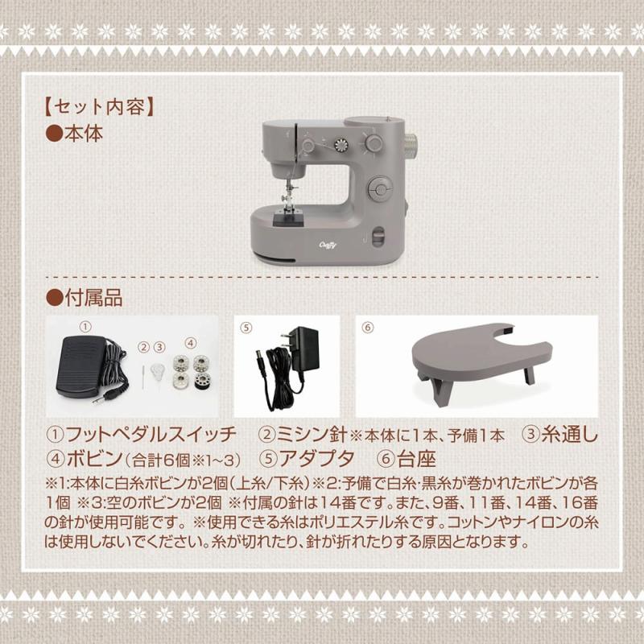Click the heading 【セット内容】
[x=99, y=108]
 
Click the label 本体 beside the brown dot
[x=84, y=134]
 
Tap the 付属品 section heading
[x=93, y=297]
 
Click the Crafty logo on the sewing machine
[x=328, y=246]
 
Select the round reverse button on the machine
[x=381, y=190]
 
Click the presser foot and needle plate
[x=290, y=216]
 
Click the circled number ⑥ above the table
[x=368, y=328]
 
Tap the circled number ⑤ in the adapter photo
[x=246, y=328]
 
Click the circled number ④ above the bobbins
[x=190, y=343]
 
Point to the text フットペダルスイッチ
[x=151, y=435]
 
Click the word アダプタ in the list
[x=317, y=459]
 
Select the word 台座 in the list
[x=415, y=459]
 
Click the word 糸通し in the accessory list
[x=570, y=435]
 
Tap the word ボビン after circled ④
[x=94, y=459]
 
